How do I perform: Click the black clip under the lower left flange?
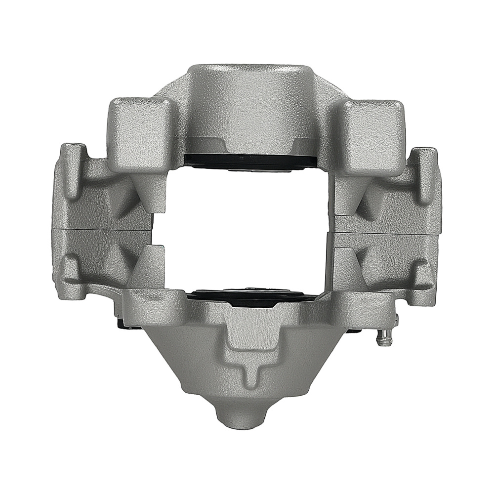121,324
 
